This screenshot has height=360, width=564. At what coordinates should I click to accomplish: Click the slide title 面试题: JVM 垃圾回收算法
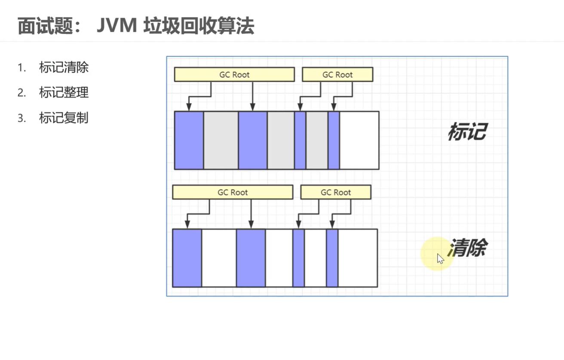[136, 26]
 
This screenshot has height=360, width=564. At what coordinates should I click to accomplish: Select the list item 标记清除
[64, 68]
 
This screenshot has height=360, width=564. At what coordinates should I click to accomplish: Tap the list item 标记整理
[64, 92]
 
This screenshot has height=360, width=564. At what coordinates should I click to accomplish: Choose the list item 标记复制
[64, 117]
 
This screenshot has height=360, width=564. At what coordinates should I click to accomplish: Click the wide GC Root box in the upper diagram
[234, 74]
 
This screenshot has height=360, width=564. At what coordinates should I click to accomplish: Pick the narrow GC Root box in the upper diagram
[337, 74]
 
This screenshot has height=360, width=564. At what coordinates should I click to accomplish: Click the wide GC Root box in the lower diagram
[233, 192]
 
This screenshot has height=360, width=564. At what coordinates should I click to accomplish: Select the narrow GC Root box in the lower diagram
[336, 192]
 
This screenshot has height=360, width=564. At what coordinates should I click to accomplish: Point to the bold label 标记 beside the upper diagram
[467, 131]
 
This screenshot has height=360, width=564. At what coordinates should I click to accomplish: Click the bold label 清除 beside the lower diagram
[468, 248]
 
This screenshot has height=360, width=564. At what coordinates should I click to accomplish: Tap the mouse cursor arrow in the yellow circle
[440, 258]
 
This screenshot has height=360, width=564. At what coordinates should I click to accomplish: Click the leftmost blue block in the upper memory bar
[189, 140]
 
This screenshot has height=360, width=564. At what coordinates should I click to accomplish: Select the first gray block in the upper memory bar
[221, 140]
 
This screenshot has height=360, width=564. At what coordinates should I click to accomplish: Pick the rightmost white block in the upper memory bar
[359, 140]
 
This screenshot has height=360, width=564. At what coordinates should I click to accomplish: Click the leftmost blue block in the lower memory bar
[187, 258]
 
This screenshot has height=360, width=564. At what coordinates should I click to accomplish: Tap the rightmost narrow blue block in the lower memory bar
[332, 258]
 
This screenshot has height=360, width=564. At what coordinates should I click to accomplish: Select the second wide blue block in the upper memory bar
[253, 140]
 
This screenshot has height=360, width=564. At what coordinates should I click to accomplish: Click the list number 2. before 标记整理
[22, 93]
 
